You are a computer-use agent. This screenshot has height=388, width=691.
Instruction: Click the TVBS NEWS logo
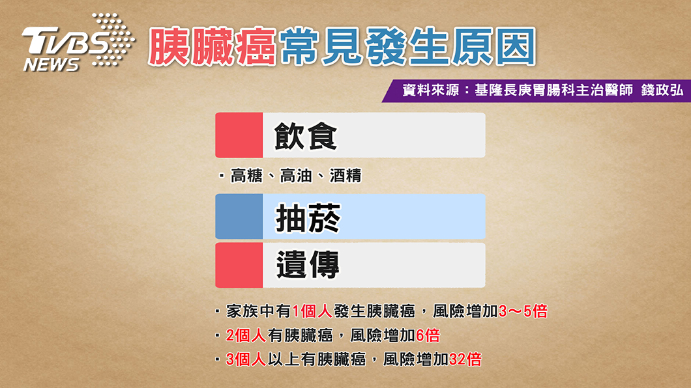click(x=78, y=43)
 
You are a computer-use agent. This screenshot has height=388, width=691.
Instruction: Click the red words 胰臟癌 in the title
click(x=212, y=47)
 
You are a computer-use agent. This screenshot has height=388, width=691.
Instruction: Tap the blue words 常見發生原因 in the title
click(x=407, y=47)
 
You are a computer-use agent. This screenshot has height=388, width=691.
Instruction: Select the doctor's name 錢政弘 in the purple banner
click(x=662, y=90)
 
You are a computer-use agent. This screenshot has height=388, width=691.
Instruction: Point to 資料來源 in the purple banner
click(x=430, y=90)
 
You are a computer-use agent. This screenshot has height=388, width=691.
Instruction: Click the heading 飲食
click(x=306, y=136)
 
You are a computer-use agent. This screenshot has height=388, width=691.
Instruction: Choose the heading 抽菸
click(x=308, y=217)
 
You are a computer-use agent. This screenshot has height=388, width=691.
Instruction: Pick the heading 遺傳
click(x=308, y=265)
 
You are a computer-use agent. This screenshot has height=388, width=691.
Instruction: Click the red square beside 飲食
click(x=239, y=135)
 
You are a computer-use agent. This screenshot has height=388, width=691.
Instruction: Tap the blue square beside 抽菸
click(x=239, y=216)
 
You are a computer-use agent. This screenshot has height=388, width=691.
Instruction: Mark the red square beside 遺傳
click(x=239, y=265)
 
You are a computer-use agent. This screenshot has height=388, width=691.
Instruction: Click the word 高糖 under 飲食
click(x=247, y=176)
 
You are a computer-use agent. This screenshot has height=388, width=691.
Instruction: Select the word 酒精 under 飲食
click(x=345, y=176)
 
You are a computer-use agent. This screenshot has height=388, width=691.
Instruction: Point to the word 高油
click(x=296, y=176)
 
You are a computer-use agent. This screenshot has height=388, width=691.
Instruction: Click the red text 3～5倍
click(x=523, y=311)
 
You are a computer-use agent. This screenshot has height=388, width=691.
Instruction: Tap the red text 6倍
click(x=428, y=336)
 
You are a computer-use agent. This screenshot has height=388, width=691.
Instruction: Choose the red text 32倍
click(x=465, y=359)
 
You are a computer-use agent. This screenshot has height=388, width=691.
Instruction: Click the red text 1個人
click(x=312, y=311)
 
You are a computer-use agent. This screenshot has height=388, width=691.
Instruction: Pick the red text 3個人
click(x=246, y=359)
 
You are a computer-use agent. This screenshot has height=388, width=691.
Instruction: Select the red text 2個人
click(x=246, y=336)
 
